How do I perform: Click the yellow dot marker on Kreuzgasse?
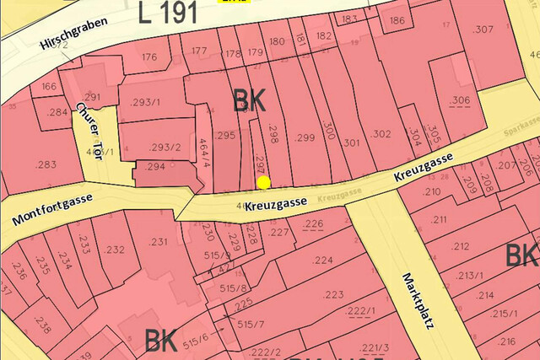coord(263,181)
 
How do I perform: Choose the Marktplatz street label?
coord(417,301)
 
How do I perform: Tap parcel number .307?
coord(483,30)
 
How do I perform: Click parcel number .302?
coord(380,133)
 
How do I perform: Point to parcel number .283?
coord(46,164)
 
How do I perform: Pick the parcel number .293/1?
coord(145,103)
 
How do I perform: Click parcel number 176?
coord(149,57)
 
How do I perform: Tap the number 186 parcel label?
coord(397,20)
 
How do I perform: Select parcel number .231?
coord(159,242)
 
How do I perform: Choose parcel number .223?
coord(332,294)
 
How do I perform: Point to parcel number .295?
coord(224,135)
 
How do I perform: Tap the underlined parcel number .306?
coord(460,100)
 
